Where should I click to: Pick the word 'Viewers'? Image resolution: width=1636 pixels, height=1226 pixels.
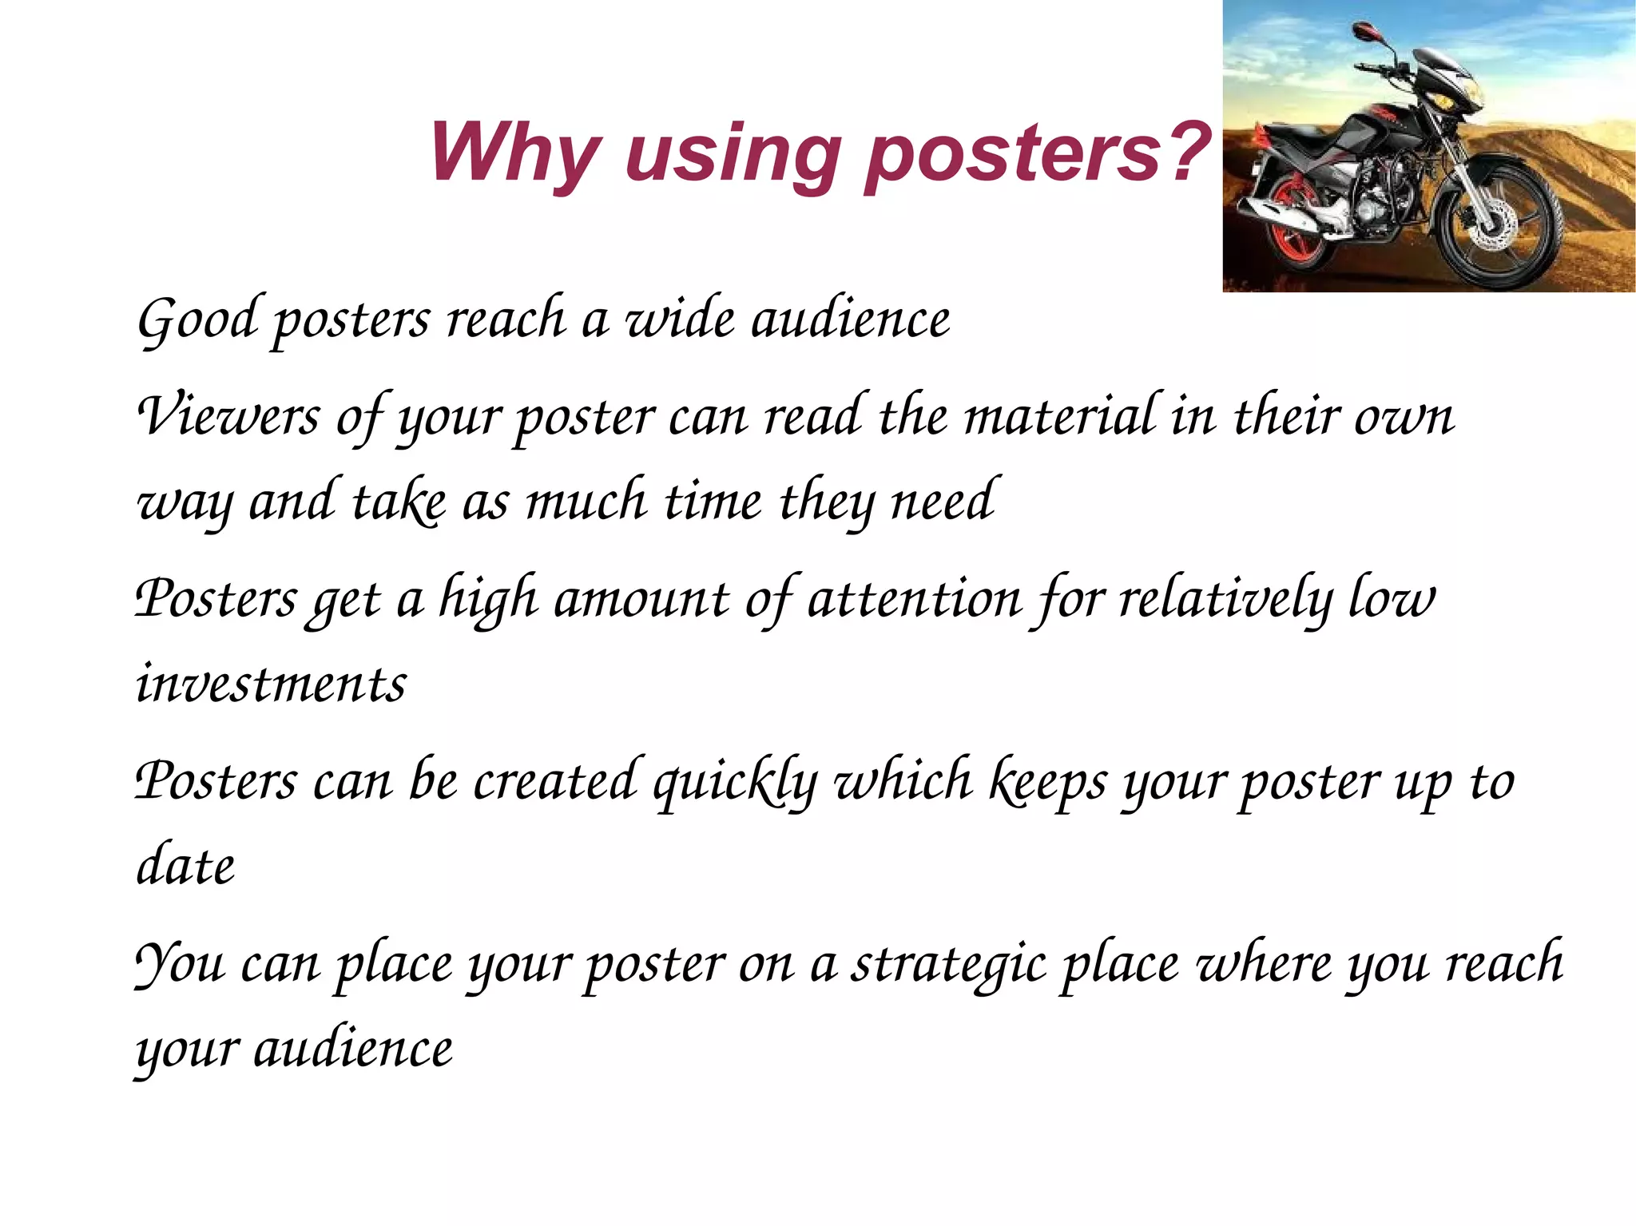228,416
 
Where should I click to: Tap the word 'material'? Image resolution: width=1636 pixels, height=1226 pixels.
1059,416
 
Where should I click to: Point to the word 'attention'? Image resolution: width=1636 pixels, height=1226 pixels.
915,599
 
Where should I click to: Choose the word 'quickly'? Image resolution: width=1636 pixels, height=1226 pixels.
735,782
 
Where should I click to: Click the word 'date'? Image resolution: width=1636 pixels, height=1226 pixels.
185,866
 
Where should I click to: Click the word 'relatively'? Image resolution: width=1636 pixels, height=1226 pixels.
1225,599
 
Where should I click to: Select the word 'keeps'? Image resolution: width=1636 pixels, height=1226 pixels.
1047,782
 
